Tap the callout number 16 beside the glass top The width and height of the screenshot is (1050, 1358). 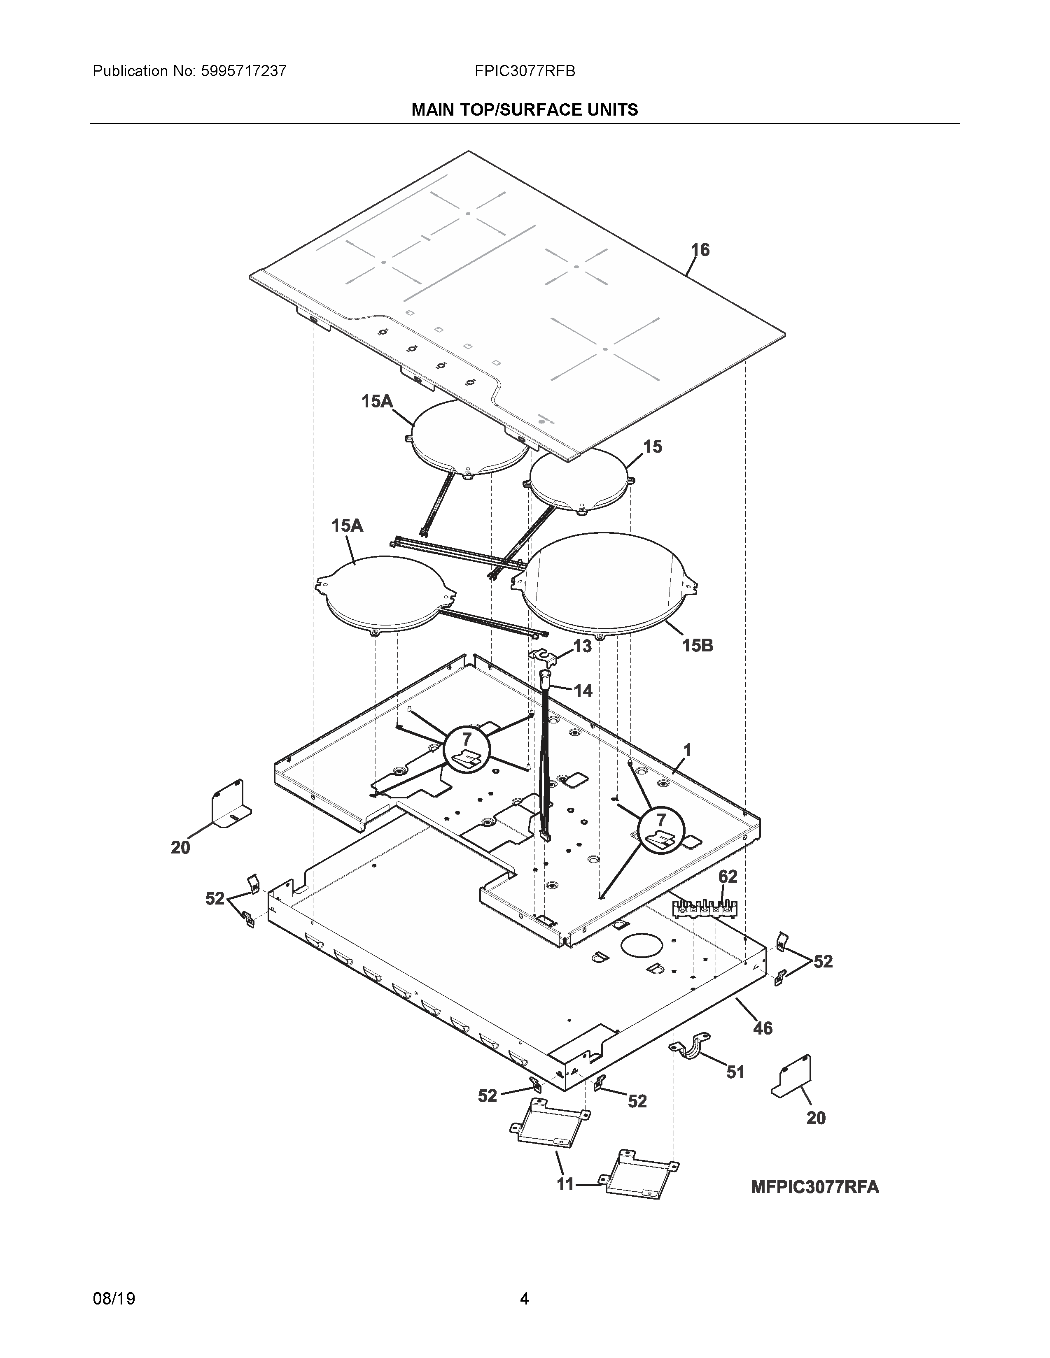700,250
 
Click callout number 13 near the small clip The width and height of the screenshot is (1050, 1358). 582,646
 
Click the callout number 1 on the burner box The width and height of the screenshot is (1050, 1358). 687,751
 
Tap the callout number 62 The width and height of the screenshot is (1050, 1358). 728,877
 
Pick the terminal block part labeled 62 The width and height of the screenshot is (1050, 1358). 705,909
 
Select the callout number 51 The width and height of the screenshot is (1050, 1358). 735,1072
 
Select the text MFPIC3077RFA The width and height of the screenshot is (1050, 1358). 815,1187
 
